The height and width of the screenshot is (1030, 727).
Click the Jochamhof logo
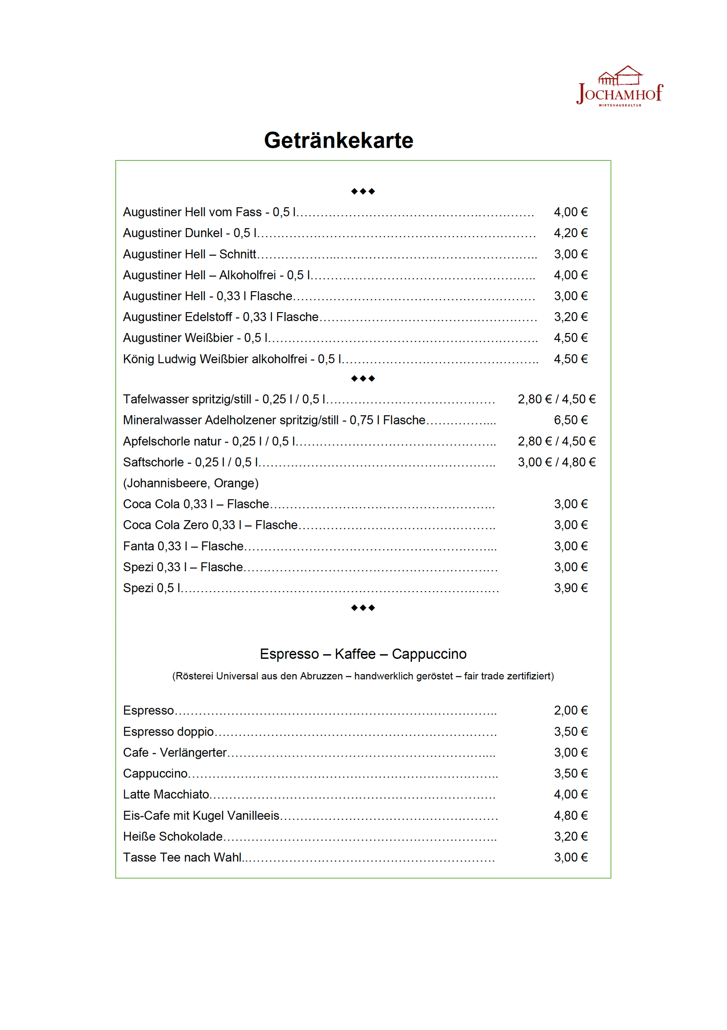point(619,87)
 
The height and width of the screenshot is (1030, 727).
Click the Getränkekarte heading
point(339,140)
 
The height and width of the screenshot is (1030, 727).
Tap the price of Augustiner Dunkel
point(570,233)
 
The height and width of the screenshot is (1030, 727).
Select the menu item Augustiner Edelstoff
point(220,317)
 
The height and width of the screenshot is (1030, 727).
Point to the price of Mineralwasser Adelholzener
point(570,420)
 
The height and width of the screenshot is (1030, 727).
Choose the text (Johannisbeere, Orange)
point(191,483)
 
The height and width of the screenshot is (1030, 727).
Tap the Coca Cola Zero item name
point(210,525)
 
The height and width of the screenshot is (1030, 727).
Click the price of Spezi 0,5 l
point(570,588)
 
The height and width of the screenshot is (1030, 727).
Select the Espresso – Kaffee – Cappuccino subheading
point(363,654)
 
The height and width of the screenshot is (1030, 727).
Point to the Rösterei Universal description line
point(363,676)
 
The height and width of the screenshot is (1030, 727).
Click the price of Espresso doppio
point(570,731)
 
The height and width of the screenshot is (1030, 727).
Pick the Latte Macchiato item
point(166,794)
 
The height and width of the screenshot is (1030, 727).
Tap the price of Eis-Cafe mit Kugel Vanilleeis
point(570,816)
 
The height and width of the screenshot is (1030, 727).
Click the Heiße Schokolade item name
point(173,836)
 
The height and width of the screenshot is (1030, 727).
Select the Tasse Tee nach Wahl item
point(182,857)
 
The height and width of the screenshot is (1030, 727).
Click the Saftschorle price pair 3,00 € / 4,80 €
point(557,462)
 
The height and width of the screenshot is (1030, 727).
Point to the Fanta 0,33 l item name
point(183,546)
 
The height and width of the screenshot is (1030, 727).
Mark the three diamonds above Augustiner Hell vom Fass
point(363,191)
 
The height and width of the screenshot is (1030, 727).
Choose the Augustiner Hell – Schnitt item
point(189,254)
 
